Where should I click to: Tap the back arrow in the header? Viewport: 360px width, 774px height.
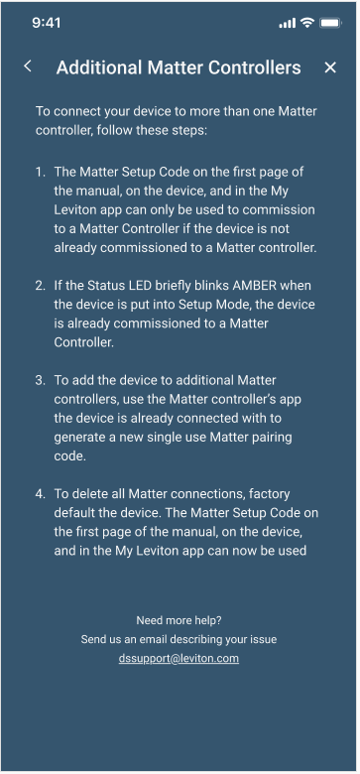[x=28, y=66]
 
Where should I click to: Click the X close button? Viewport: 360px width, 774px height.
[x=330, y=67]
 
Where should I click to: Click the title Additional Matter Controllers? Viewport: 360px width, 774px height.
[x=179, y=67]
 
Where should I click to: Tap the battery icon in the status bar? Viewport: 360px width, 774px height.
[x=329, y=23]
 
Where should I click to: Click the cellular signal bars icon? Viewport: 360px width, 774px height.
[x=288, y=23]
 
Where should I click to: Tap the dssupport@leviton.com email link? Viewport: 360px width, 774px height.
[x=179, y=658]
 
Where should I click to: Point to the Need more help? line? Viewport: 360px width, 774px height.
[x=179, y=620]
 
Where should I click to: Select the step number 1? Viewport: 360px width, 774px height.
[x=40, y=173]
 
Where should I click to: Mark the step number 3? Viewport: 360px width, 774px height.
[x=40, y=380]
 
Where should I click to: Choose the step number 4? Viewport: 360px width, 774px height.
[x=40, y=493]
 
